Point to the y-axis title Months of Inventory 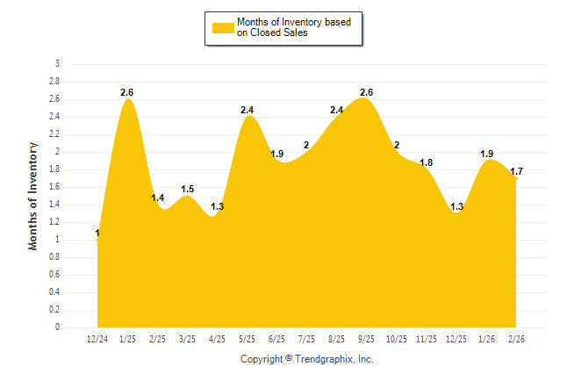33,196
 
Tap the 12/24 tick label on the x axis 97,339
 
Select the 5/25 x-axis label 248,339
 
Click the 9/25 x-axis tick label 367,339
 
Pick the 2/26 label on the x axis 516,339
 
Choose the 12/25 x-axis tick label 456,339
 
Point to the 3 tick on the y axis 57,64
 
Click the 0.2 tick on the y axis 54,310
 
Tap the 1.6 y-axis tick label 54,187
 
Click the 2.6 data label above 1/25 127,92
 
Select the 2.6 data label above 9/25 367,92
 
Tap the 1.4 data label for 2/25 158,198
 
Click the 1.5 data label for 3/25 188,189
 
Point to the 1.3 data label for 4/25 218,206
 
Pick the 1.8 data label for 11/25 427,162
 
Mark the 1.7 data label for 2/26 516,171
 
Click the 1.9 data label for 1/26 486,154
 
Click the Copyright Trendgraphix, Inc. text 307,359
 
